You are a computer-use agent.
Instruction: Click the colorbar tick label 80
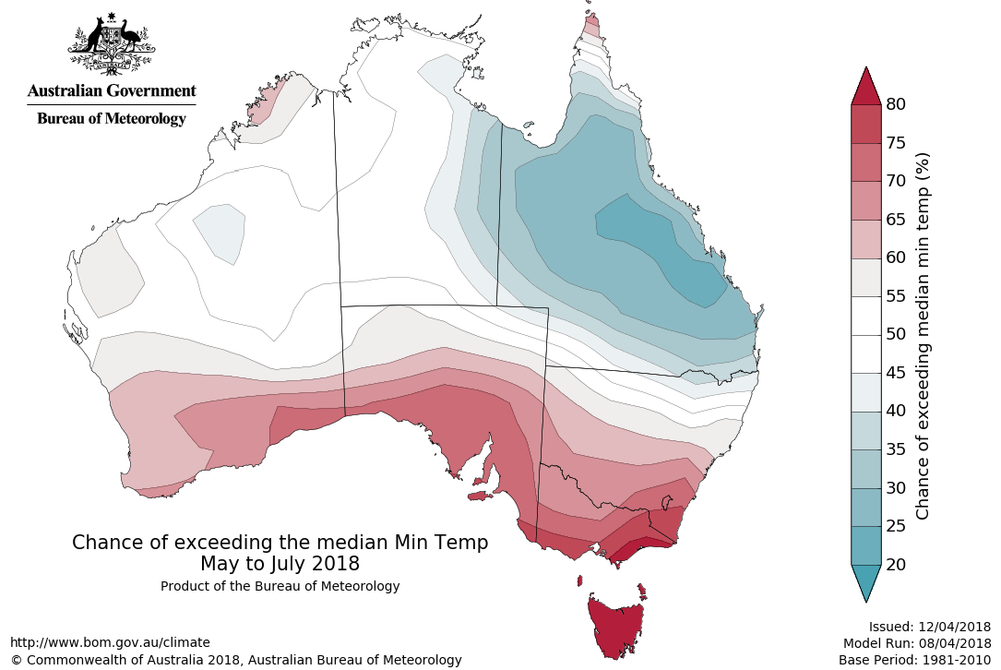895,104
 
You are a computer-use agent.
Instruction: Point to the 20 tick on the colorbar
895,564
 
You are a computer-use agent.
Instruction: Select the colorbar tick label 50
895,334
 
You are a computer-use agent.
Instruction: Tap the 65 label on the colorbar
895,220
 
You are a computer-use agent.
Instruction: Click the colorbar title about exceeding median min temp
923,335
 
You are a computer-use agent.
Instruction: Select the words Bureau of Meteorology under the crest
112,118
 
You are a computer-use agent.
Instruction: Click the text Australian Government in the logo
112,91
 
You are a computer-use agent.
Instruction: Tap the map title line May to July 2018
280,563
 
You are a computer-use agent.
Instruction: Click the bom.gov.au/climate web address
111,642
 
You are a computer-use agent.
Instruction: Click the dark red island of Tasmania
615,628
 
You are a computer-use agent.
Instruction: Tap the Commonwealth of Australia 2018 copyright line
236,660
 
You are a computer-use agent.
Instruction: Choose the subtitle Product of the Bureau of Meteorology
280,586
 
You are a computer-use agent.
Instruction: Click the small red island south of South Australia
477,497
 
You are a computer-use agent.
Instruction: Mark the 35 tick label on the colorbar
895,449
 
